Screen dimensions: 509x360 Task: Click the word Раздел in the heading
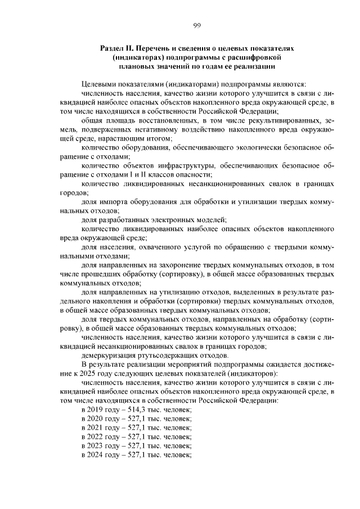point(112,49)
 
